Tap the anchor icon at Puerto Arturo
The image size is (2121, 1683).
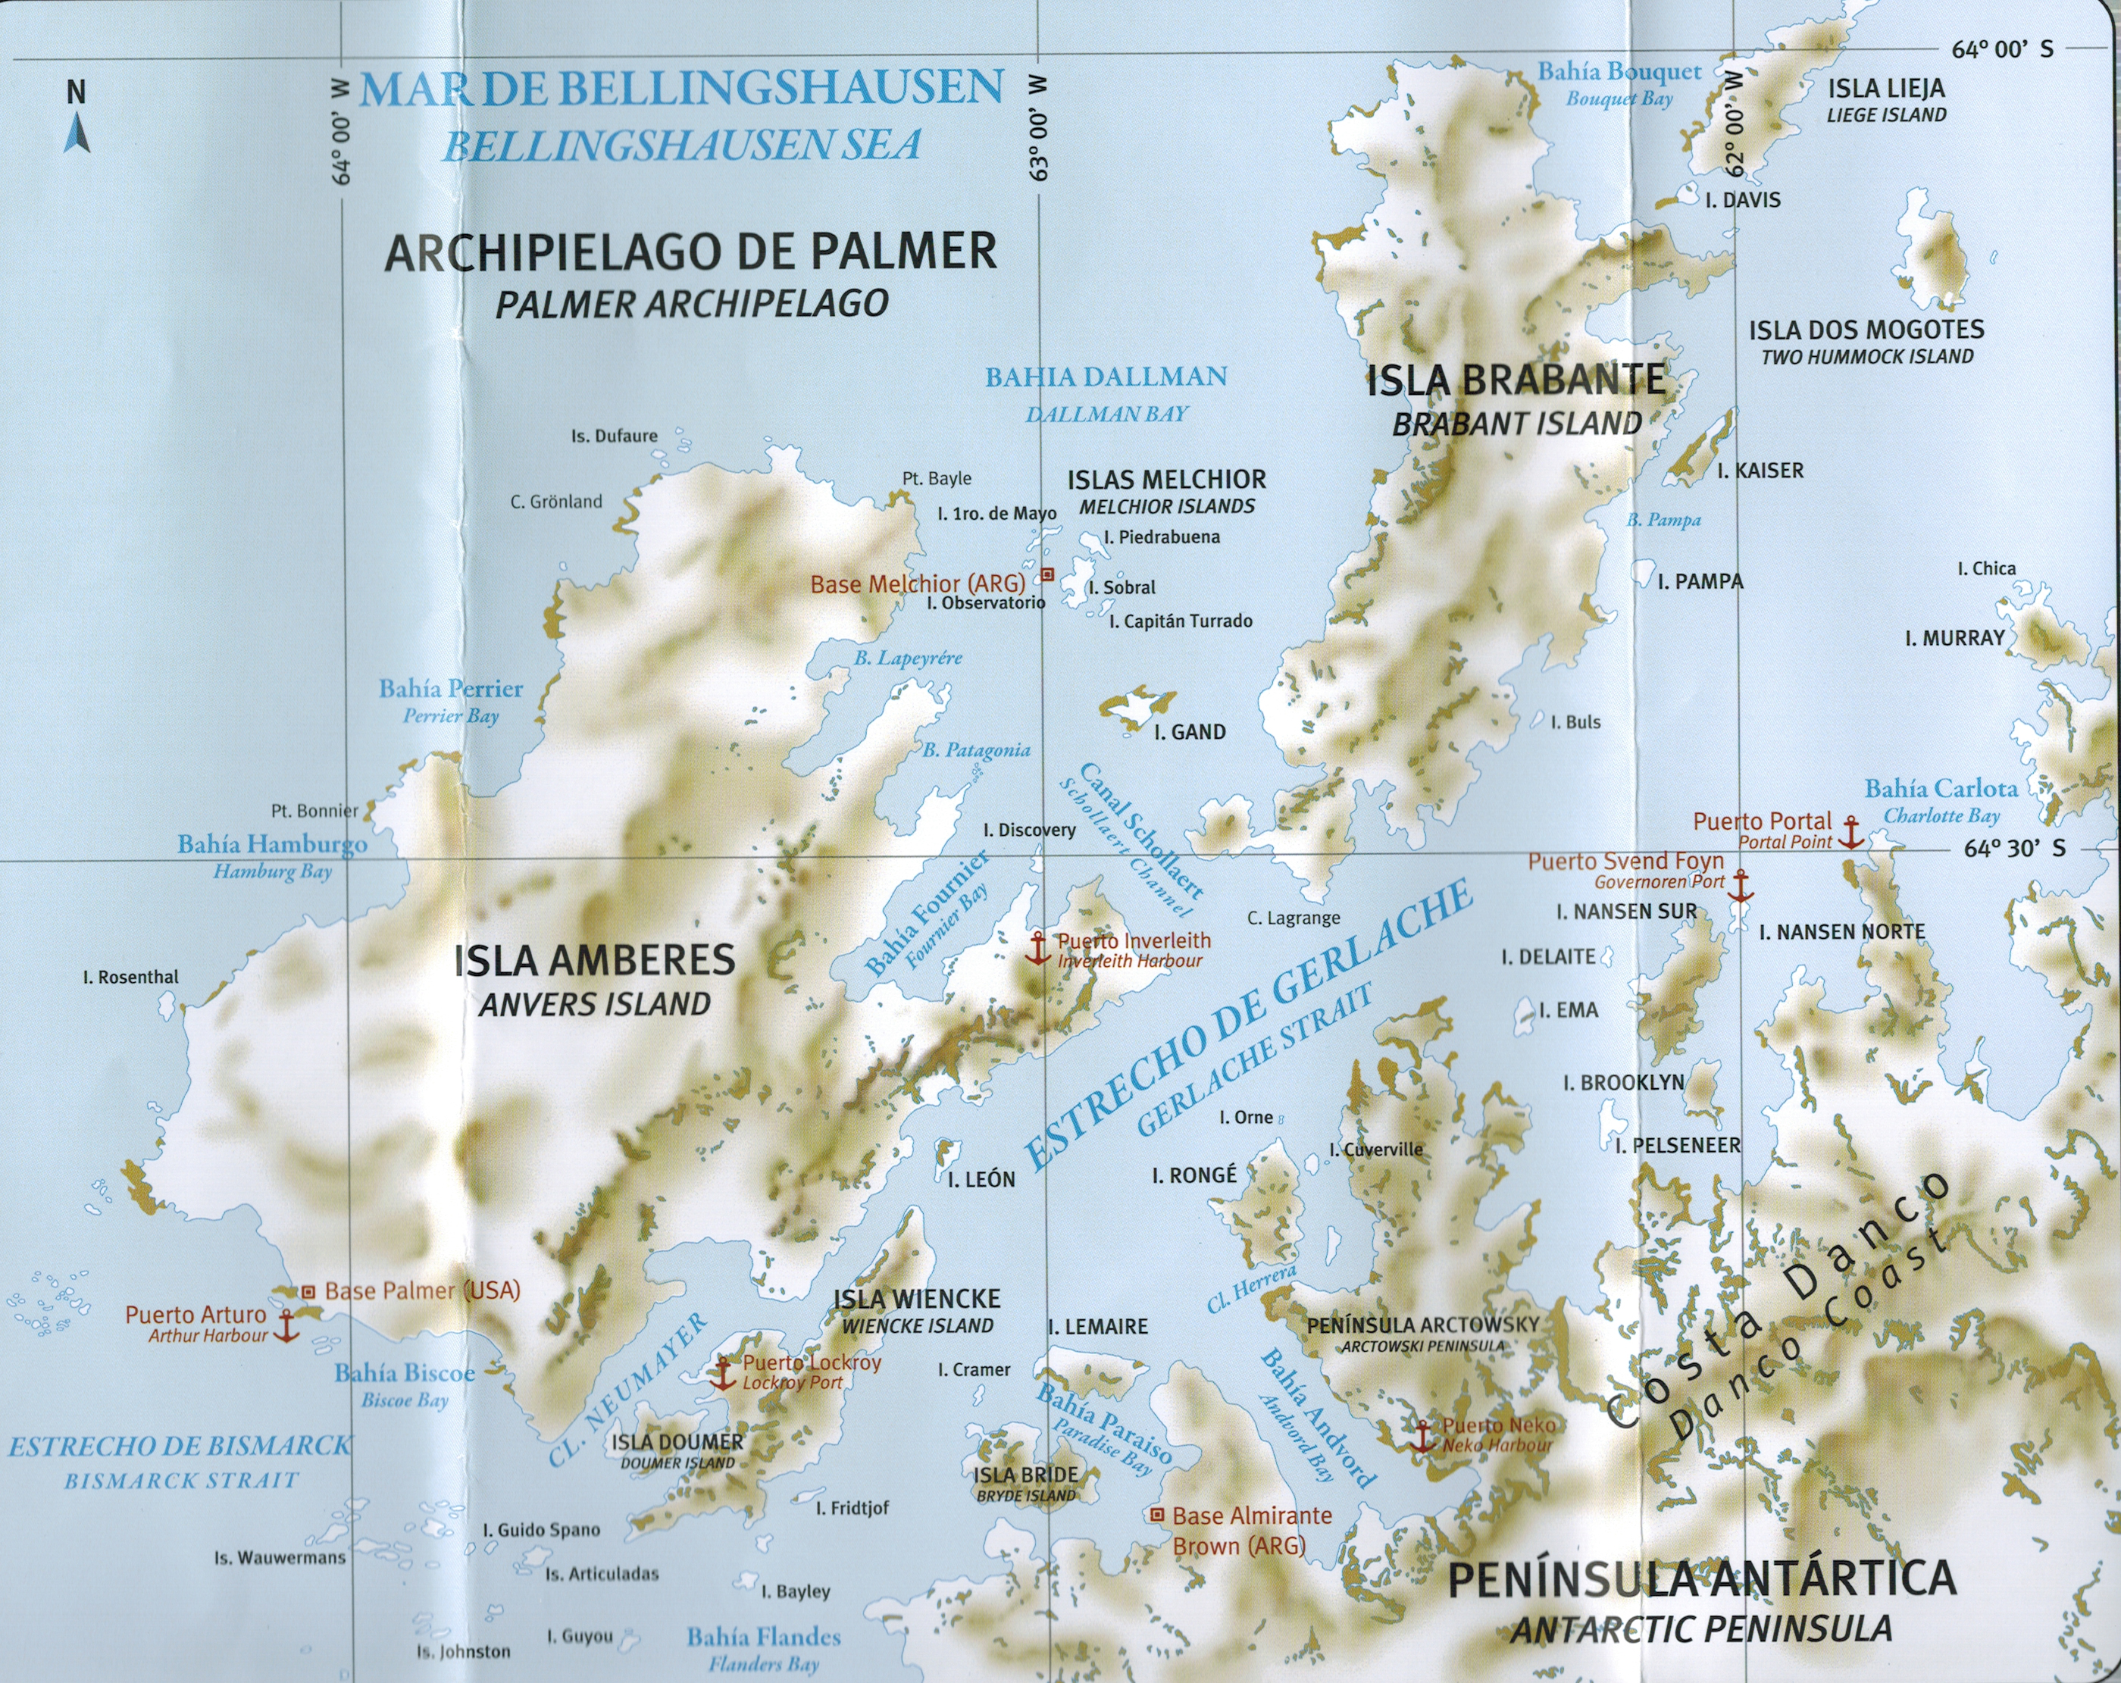click(285, 1326)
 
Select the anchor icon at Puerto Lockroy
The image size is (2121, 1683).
click(723, 1373)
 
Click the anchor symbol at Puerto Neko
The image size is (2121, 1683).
click(1422, 1435)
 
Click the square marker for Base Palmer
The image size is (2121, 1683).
click(308, 1290)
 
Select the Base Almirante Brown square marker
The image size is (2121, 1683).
click(1158, 1515)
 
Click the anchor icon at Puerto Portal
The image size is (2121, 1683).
click(1850, 832)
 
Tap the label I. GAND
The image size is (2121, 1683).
click(1190, 732)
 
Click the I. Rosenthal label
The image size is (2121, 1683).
click(131, 977)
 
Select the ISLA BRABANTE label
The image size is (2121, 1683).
click(1516, 380)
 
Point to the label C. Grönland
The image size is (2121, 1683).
click(556, 502)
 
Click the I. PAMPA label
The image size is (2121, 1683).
click(1700, 581)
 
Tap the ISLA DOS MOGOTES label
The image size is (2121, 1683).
click(1866, 330)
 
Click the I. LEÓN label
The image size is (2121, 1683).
click(981, 1179)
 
